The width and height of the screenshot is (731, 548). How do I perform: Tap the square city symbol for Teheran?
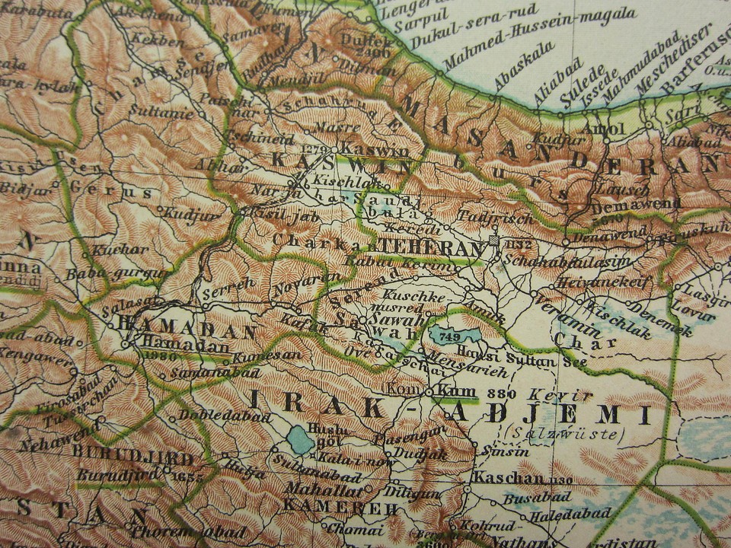pyautogui.click(x=495, y=241)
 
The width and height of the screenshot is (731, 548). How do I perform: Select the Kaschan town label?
pyautogui.click(x=508, y=478)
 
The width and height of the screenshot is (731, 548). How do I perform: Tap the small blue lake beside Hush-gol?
pyautogui.click(x=300, y=440)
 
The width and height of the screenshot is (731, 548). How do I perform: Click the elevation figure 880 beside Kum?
pyautogui.click(x=500, y=393)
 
